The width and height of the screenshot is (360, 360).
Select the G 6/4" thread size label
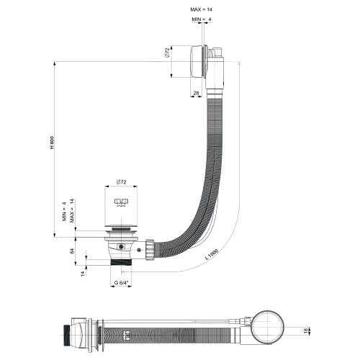120,283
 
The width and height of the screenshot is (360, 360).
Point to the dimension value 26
197,93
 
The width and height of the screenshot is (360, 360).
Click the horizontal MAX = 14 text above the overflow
201,9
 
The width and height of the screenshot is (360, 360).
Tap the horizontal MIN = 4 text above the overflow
201,18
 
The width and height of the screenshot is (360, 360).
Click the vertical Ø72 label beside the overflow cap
166,53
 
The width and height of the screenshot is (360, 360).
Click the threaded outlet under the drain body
120,265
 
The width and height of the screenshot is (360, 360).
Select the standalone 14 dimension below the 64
81,273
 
